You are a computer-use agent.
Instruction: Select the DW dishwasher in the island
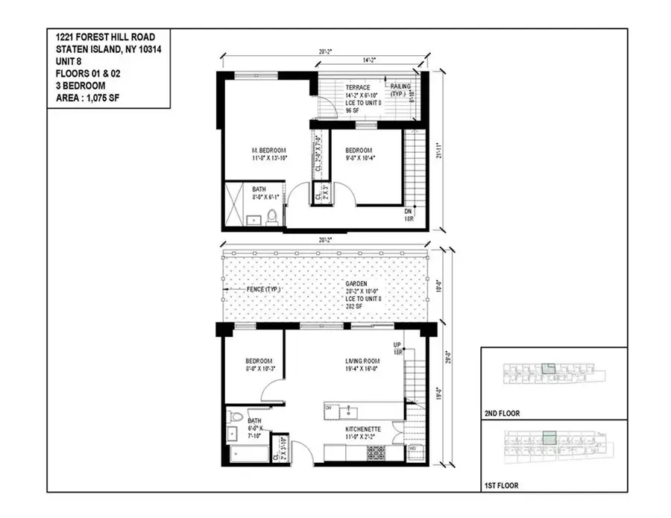(x=329, y=408)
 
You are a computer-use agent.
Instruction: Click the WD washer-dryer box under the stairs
(x=413, y=449)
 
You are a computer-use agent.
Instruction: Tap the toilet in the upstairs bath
(x=273, y=218)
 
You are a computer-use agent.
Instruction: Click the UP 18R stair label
(x=397, y=348)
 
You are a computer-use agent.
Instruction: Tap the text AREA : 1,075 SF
(x=90, y=95)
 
